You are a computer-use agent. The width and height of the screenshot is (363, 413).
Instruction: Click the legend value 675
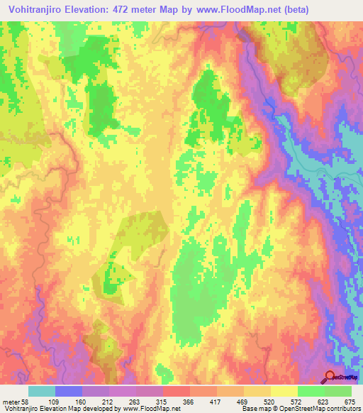point(347,402)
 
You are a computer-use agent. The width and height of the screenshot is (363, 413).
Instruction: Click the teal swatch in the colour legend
point(42,391)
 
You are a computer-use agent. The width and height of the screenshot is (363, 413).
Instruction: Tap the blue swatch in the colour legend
point(69,391)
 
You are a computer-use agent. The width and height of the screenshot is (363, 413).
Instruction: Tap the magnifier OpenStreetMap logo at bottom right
point(329,377)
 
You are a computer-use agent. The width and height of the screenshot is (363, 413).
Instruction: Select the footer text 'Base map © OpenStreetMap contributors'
point(301,409)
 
